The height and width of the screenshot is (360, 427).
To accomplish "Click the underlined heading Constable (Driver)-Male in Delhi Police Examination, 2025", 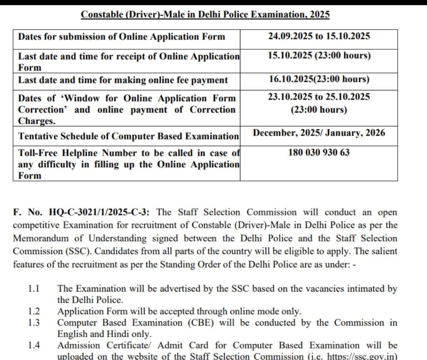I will pos(205,15).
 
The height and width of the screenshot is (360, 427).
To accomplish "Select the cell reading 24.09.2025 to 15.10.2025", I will pos(319,36).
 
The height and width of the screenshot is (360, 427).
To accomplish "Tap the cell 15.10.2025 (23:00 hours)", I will pos(319,55).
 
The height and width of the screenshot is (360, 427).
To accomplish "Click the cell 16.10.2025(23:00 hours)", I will pos(319,80).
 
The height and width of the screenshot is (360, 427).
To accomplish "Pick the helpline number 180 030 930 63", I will pos(319,152).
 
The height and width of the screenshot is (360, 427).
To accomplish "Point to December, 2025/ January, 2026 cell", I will pos(319,133).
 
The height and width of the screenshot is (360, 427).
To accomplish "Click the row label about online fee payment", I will pos(123,80).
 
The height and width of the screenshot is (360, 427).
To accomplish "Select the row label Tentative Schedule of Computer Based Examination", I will pos(128,136).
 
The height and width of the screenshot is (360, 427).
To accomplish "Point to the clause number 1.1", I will pos(34,289).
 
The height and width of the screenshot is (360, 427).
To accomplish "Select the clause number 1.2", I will pos(34,311).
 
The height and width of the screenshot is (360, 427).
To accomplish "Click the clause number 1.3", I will pos(34,322).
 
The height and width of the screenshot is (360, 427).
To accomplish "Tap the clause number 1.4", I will pos(34,345).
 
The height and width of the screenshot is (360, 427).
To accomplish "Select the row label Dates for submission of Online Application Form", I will pos(121,37).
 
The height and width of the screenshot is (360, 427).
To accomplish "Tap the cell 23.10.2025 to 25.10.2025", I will pos(319,97).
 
